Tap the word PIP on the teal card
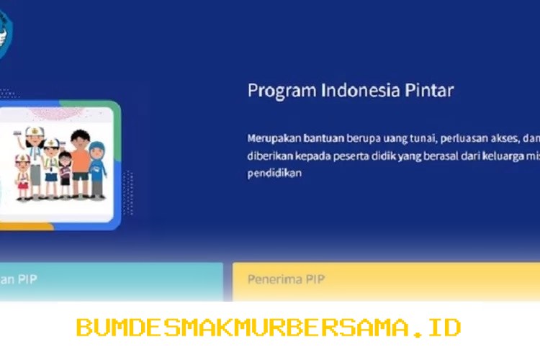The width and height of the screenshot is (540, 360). pyautogui.click(x=27, y=279)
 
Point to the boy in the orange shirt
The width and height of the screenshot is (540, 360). pyautogui.click(x=80, y=154)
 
